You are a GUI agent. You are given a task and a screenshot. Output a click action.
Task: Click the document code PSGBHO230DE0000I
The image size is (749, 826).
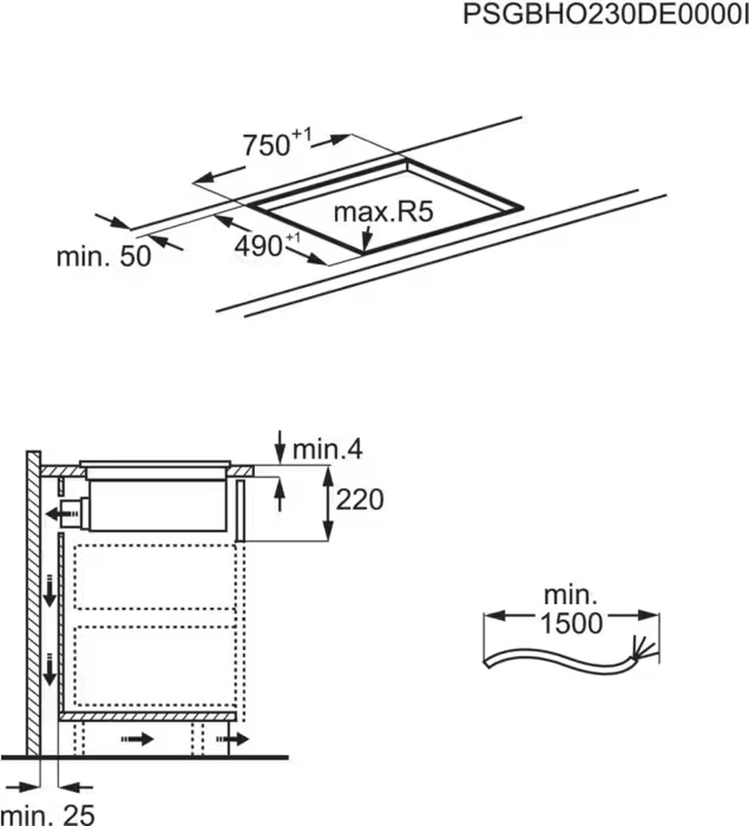pyautogui.click(x=604, y=14)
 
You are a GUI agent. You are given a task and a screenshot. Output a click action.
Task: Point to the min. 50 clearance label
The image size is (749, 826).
pyautogui.click(x=103, y=257)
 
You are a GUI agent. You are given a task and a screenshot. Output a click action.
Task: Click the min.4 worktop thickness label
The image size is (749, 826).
pyautogui.click(x=328, y=449)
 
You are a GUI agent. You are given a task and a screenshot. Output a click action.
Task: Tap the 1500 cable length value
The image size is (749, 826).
pyautogui.click(x=571, y=623)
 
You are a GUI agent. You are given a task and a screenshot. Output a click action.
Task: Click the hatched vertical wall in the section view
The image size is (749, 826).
pyautogui.click(x=33, y=606)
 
